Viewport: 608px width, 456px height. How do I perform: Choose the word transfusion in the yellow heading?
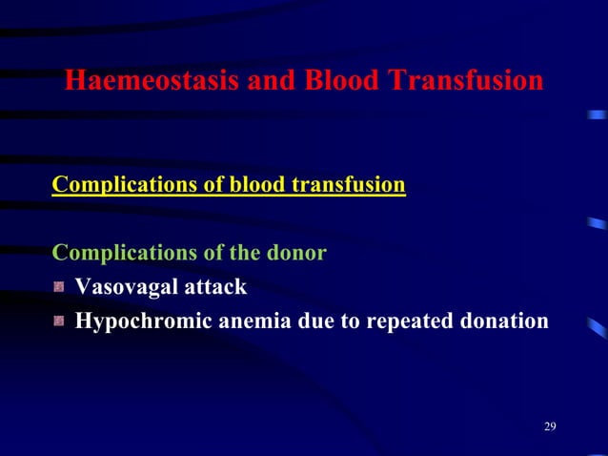pyautogui.click(x=346, y=183)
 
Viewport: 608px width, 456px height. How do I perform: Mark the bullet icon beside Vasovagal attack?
pyautogui.click(x=60, y=287)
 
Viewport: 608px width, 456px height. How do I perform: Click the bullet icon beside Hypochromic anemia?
pyautogui.click(x=60, y=322)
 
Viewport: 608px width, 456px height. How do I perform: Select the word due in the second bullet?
pyautogui.click(x=313, y=322)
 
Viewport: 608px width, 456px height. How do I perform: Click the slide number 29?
pyautogui.click(x=550, y=425)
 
